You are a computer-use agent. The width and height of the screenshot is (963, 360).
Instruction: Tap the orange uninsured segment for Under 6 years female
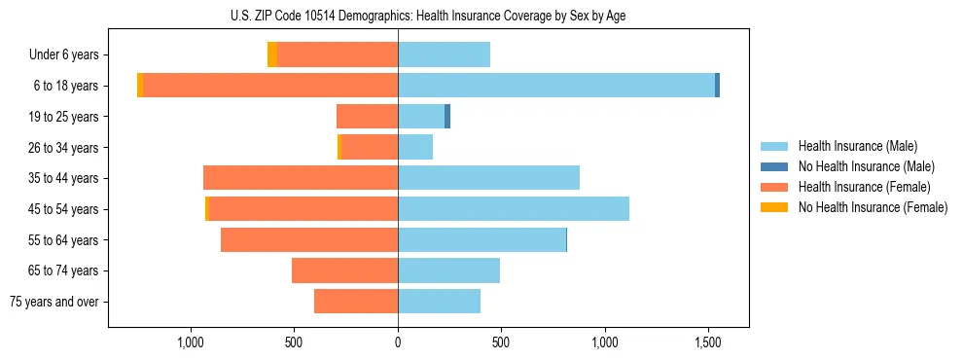click(x=272, y=54)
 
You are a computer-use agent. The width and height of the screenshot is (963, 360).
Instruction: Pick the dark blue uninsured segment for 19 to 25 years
click(x=447, y=117)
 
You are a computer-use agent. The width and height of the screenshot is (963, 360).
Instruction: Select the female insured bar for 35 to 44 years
click(x=301, y=178)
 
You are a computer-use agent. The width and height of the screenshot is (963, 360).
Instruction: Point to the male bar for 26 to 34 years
click(x=415, y=147)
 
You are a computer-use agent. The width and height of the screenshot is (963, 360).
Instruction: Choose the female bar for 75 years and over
click(x=356, y=302)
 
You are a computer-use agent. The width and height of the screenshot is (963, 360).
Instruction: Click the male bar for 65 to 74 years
click(x=448, y=270)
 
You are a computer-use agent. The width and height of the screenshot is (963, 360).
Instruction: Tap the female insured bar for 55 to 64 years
click(x=309, y=239)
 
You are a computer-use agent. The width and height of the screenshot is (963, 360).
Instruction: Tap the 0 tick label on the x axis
click(x=398, y=342)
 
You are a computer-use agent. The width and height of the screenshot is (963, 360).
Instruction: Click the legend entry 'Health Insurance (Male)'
click(x=857, y=146)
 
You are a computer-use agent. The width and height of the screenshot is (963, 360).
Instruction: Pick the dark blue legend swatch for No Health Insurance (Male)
click(x=775, y=166)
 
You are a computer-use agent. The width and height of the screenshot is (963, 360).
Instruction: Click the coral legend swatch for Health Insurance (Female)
click(x=775, y=187)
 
